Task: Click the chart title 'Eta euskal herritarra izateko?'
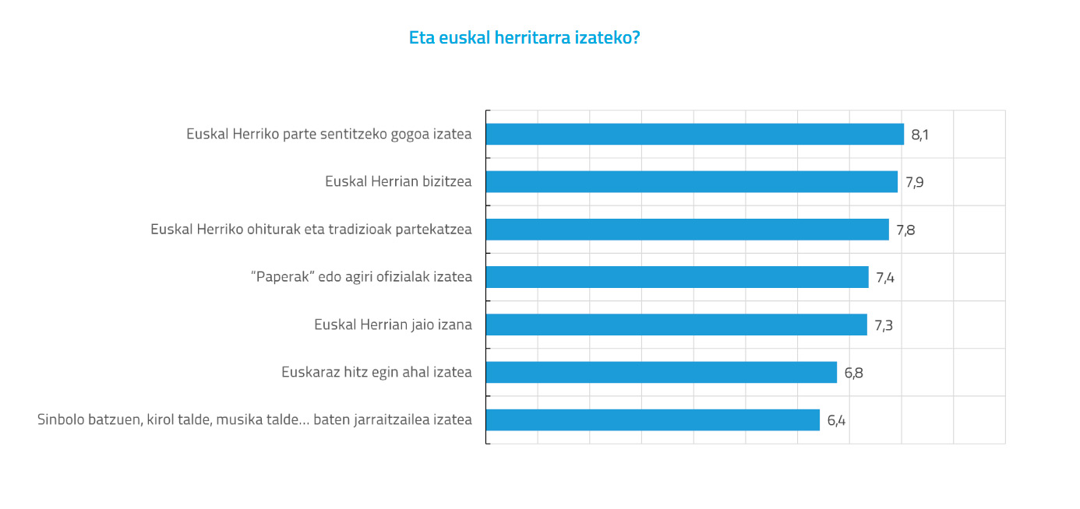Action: pyautogui.click(x=524, y=37)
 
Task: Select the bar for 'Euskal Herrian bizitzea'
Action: pyautogui.click(x=691, y=182)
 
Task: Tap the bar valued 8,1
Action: pyautogui.click(x=694, y=134)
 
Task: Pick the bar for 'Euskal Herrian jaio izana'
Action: pyautogui.click(x=676, y=325)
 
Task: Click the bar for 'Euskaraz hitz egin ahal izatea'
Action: pyautogui.click(x=661, y=372)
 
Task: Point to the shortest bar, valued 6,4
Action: pyautogui.click(x=652, y=420)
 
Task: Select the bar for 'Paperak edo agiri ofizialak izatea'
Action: pyautogui.click(x=677, y=277)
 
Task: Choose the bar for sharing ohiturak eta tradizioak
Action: pyautogui.click(x=687, y=230)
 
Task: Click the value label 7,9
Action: pyautogui.click(x=914, y=183)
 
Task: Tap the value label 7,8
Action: pyautogui.click(x=905, y=230)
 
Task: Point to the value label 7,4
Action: pyautogui.click(x=885, y=278)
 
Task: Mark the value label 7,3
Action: pyautogui.click(x=884, y=325)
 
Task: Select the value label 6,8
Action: pyautogui.click(x=853, y=373)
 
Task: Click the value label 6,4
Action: pyautogui.click(x=836, y=421)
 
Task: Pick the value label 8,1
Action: pyautogui.click(x=920, y=135)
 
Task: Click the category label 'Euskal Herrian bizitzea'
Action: pyautogui.click(x=398, y=181)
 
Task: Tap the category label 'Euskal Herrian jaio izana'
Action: pyautogui.click(x=393, y=324)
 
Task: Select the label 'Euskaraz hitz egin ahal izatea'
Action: pyautogui.click(x=376, y=372)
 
